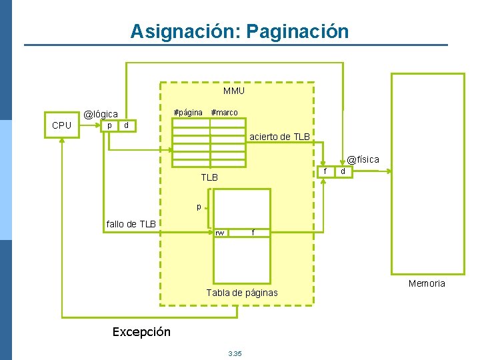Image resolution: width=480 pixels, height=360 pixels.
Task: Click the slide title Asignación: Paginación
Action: (239, 31)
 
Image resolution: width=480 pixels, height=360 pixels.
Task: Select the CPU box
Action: (62, 125)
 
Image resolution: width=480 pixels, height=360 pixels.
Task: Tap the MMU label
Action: (233, 91)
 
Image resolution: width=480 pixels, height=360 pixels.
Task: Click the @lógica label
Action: (101, 115)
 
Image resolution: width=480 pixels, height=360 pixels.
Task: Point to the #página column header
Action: (188, 112)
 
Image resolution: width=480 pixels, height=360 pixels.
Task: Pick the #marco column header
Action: (224, 112)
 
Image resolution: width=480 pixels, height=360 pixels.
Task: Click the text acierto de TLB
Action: (279, 137)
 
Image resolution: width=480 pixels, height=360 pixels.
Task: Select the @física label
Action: (363, 159)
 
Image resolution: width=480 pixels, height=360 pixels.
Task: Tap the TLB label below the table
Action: (209, 177)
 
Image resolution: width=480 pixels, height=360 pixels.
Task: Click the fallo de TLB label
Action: (131, 224)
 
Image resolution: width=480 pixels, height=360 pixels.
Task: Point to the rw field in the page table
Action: (219, 233)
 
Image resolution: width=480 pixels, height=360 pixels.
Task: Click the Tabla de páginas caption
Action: (242, 293)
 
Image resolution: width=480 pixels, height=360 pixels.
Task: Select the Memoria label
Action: (427, 283)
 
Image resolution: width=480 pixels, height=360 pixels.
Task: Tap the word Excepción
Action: (141, 331)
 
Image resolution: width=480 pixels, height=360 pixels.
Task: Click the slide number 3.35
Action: (235, 353)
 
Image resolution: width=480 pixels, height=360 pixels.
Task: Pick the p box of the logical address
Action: (109, 125)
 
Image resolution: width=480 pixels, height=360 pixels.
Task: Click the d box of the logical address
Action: (127, 125)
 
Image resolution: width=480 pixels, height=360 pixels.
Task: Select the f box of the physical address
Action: (325, 171)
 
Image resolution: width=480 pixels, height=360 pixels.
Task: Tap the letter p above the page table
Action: (199, 207)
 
